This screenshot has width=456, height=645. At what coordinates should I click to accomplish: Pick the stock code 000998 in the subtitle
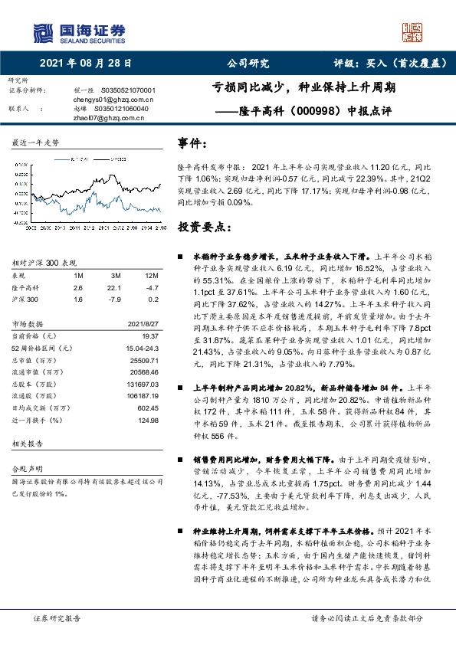click(x=319, y=110)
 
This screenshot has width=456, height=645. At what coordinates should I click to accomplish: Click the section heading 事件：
click(x=192, y=142)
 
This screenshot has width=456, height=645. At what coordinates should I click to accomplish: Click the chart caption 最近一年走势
click(x=35, y=143)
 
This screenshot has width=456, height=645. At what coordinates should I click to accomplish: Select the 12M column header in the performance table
click(x=151, y=274)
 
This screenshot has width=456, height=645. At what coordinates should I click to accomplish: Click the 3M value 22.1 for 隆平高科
click(x=115, y=287)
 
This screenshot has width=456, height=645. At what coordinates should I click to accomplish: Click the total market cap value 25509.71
click(x=144, y=360)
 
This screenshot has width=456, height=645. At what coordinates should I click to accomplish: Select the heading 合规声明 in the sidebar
click(x=25, y=488)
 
